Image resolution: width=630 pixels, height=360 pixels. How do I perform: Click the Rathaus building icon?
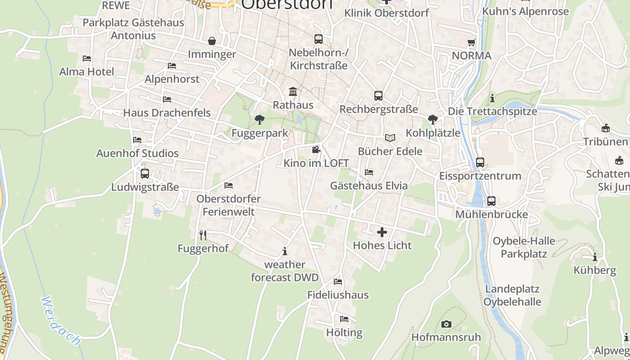(293, 92)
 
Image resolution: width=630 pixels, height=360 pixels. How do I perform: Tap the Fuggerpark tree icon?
(259, 120)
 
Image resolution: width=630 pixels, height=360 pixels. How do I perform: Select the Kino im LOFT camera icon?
(316, 149)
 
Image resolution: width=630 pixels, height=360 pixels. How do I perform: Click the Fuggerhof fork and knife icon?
(203, 235)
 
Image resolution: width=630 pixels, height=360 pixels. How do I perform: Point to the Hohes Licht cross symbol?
(382, 232)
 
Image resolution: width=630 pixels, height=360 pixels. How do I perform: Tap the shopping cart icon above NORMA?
(471, 43)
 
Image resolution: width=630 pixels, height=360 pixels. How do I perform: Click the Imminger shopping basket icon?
(212, 41)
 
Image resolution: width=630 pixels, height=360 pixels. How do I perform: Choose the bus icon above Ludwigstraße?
(145, 174)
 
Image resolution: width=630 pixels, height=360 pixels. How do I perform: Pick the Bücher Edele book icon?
(390, 138)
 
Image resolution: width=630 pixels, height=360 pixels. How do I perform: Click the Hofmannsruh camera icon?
(446, 324)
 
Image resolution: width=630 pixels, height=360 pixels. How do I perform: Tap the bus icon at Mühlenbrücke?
(491, 201)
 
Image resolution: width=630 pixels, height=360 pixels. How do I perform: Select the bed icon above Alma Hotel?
(87, 58)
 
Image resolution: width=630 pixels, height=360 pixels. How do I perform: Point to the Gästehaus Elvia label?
(369, 185)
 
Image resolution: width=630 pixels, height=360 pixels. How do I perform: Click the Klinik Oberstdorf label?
(387, 13)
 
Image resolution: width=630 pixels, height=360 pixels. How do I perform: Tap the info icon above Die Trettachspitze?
(492, 98)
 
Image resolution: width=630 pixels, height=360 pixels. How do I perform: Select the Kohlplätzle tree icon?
(433, 120)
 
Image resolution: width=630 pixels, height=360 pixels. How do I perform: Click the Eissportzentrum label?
(480, 175)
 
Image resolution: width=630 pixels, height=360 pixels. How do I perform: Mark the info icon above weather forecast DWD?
(284, 251)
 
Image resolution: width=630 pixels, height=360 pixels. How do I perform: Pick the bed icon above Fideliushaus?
(338, 282)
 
